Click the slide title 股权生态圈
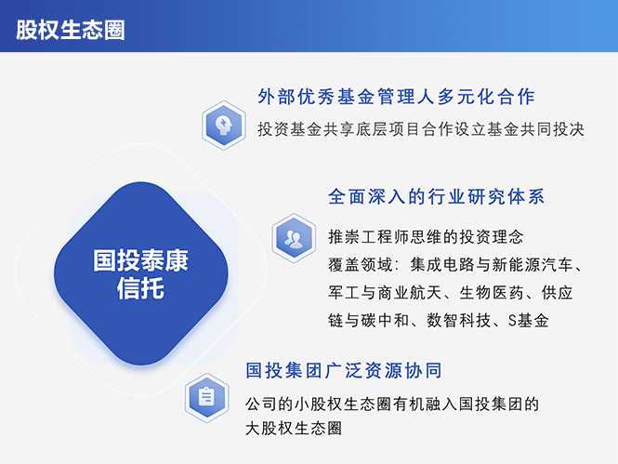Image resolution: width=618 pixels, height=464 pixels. (70, 29)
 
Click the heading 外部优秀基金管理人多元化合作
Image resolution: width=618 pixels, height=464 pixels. (397, 97)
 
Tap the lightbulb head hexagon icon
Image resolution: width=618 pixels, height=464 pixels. (224, 125)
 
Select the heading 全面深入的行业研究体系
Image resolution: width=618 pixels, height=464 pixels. (436, 197)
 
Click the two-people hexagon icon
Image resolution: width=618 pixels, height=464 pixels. (295, 237)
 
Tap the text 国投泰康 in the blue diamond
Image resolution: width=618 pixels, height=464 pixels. (140, 260)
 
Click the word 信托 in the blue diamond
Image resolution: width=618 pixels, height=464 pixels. (140, 289)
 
